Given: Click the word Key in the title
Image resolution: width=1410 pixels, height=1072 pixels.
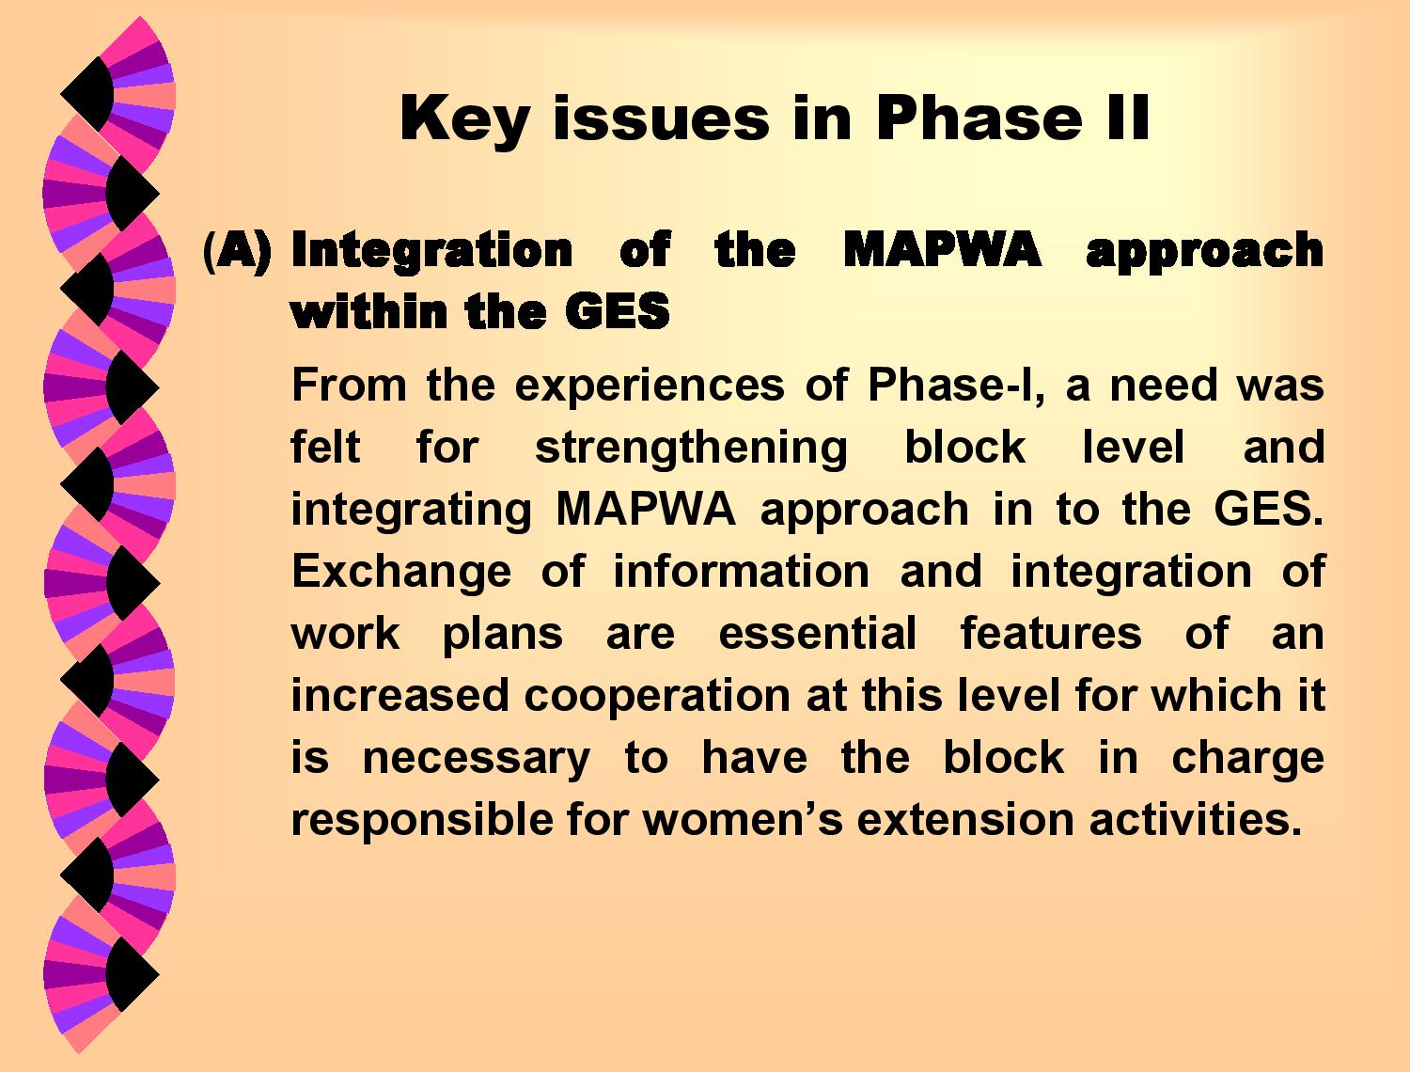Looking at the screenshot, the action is coord(464,120).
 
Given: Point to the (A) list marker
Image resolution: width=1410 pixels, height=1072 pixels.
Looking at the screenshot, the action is coord(237,250).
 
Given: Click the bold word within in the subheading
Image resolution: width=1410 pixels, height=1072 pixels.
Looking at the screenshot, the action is coord(368,311).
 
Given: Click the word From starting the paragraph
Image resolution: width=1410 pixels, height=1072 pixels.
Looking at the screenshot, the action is coord(349,385).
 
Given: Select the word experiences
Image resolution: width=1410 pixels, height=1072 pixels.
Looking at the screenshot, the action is coord(650,386).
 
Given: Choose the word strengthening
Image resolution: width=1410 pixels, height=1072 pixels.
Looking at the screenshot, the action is coord(691,449).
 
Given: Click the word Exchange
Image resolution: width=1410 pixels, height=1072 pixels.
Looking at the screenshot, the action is coord(401,573).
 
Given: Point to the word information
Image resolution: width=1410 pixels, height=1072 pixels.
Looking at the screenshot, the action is coord(742,571).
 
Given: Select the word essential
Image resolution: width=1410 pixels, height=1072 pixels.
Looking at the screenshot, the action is coord(817,633).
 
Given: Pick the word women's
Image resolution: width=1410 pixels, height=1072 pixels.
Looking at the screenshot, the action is coord(744,820).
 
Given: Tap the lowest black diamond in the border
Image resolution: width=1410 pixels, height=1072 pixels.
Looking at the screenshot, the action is coord(133,973).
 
